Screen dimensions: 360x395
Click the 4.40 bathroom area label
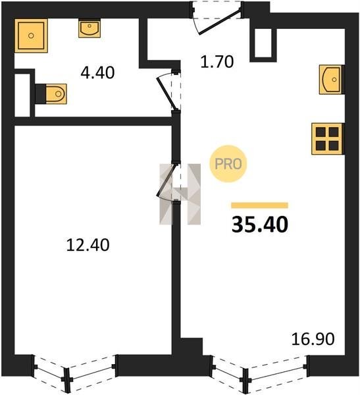tap(97, 72)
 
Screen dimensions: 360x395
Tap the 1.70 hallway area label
tap(217, 62)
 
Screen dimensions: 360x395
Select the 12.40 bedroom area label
tap(88, 245)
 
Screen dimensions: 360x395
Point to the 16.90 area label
tap(313, 339)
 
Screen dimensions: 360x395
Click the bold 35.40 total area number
tap(260, 224)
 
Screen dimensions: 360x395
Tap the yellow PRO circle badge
tap(228, 164)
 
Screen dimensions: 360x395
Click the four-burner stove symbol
tap(328, 139)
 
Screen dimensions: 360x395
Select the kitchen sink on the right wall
tap(331, 80)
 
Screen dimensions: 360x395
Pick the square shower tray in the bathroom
tap(31, 36)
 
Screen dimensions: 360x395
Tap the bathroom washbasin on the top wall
tap(90, 29)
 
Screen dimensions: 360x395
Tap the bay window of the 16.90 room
tap(259, 374)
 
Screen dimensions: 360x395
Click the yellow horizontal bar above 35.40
tap(259, 205)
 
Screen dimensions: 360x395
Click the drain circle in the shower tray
tap(31, 36)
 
